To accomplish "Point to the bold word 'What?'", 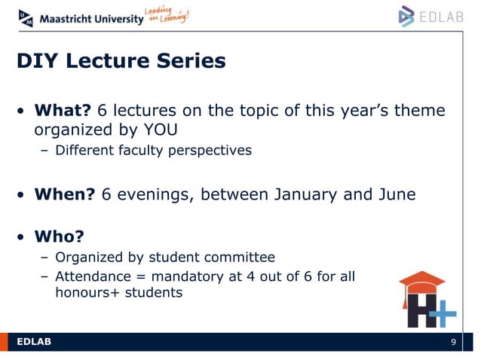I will (x=62, y=111).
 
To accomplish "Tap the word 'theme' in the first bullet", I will (x=418, y=111).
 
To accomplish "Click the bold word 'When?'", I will (x=63, y=194).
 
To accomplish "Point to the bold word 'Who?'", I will (x=57, y=237).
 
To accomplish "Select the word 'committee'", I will (x=244, y=257).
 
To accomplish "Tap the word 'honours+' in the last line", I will (x=84, y=292).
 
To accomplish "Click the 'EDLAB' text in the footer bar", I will (x=34, y=343).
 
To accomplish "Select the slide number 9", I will (x=453, y=343).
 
